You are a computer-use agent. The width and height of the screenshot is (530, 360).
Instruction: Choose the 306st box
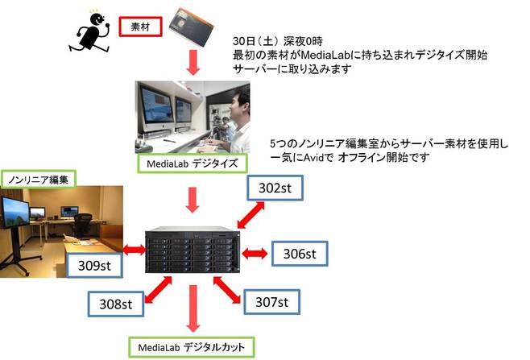[298, 254]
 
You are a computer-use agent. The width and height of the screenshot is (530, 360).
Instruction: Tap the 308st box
[115, 304]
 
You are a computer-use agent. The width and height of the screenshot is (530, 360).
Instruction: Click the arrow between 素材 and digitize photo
[194, 61]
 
